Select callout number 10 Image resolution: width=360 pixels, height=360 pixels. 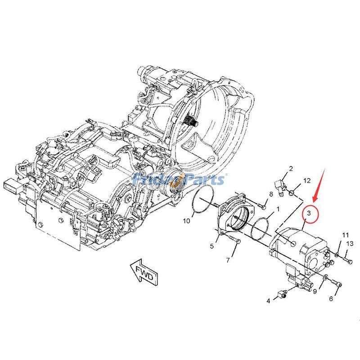[186, 220]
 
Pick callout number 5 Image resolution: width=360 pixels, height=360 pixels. [212, 246]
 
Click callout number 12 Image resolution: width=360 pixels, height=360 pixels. [306, 180]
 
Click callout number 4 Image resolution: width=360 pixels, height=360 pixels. [268, 301]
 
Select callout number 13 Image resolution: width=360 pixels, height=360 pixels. [349, 243]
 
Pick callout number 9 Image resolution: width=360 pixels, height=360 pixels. [315, 291]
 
